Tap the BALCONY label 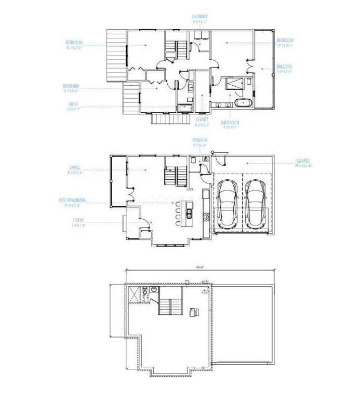point(284,66)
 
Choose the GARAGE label point(303,161)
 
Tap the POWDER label point(200,140)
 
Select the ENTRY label point(78,220)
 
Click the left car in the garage point(228,203)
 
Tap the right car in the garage point(256,203)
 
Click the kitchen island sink point(189,212)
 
